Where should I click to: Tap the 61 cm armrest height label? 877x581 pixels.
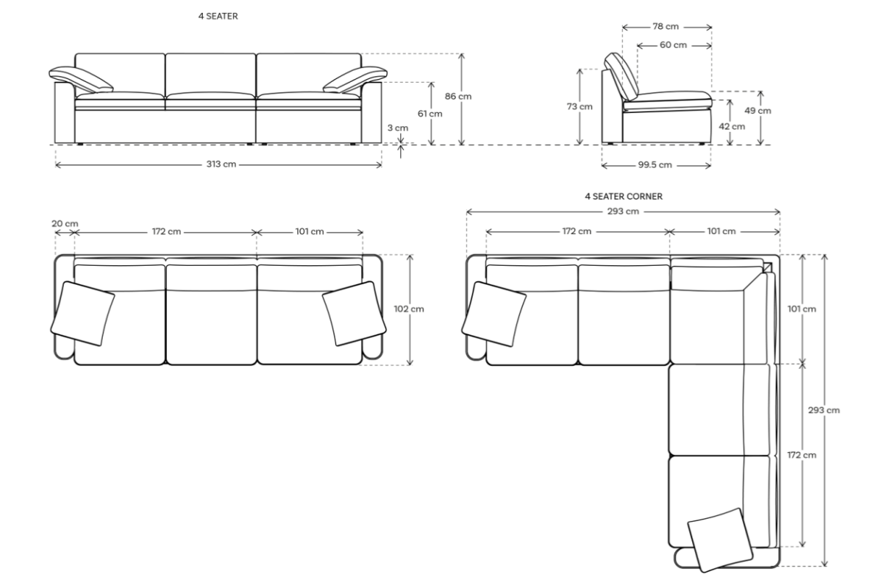pyautogui.click(x=431, y=114)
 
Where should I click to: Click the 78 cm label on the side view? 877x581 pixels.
pyautogui.click(x=665, y=27)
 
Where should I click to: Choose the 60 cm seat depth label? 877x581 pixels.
pyautogui.click(x=673, y=45)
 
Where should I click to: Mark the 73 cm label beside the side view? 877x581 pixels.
pyautogui.click(x=580, y=106)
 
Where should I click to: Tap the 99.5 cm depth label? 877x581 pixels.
pyautogui.click(x=654, y=165)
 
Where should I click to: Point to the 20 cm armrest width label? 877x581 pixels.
pyautogui.click(x=65, y=223)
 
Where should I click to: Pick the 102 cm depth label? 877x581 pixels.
pyautogui.click(x=409, y=309)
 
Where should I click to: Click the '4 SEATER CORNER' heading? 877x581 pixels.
pyautogui.click(x=623, y=196)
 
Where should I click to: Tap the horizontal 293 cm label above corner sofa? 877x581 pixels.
pyautogui.click(x=623, y=212)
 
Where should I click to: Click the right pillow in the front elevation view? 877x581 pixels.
pyautogui.click(x=354, y=79)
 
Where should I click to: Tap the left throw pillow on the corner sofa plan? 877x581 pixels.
pyautogui.click(x=494, y=311)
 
